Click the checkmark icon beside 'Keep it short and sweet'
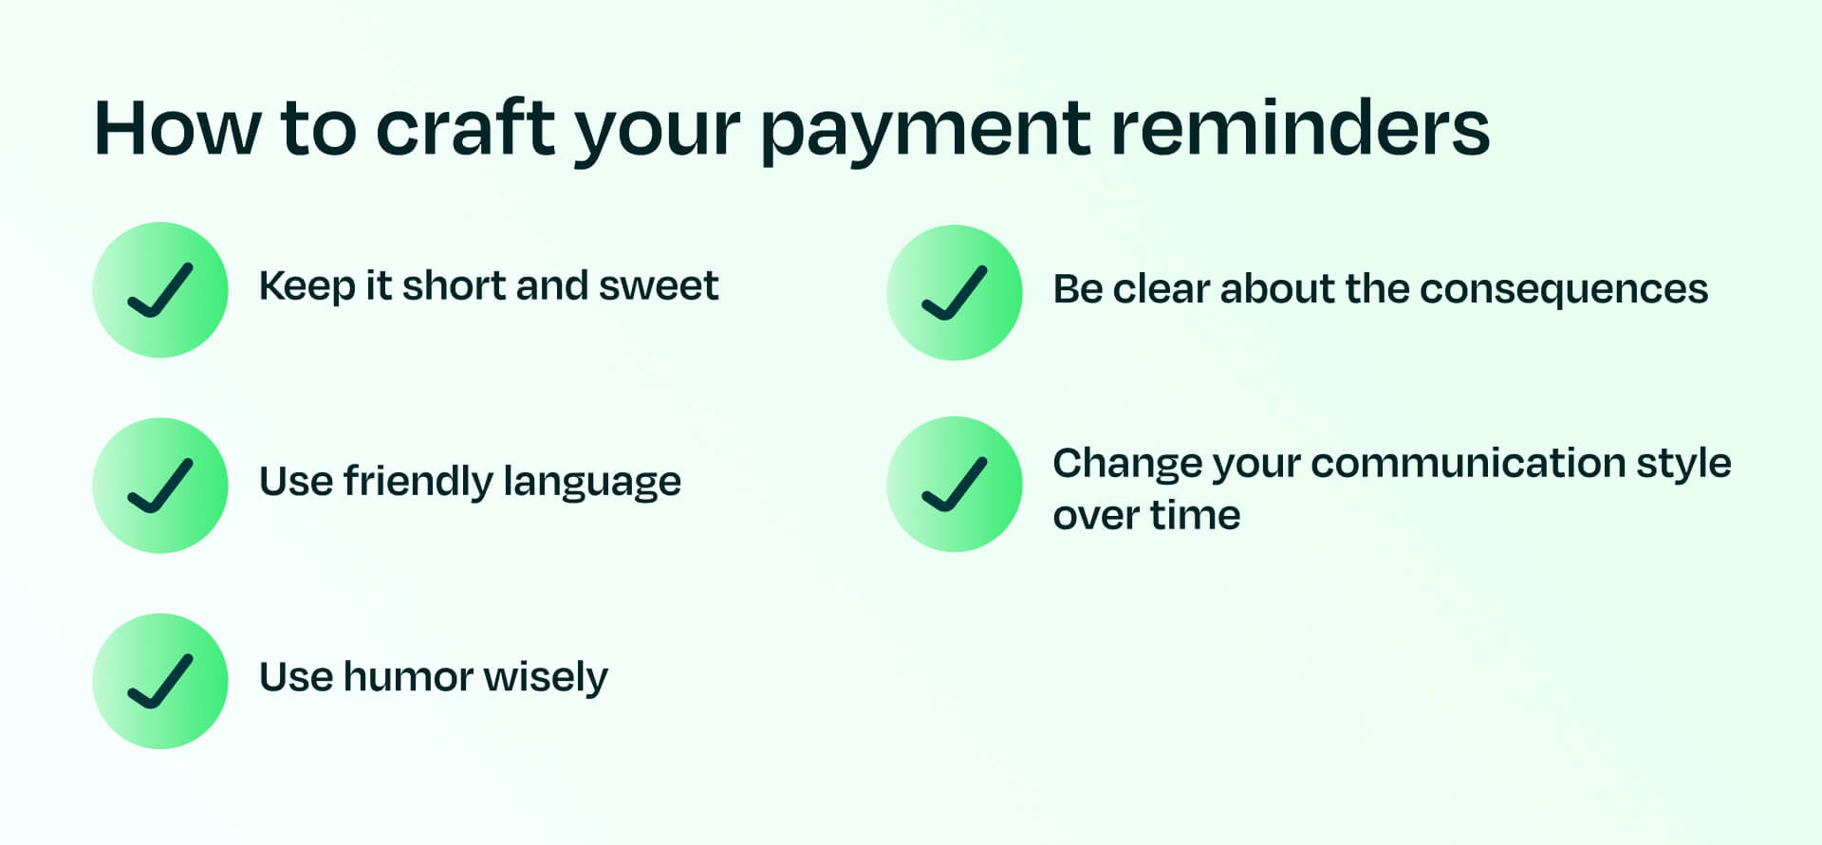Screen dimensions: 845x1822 [160, 290]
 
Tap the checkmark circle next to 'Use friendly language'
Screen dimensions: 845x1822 [160, 486]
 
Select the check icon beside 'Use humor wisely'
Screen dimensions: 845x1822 [160, 681]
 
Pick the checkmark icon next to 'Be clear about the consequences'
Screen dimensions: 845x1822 [955, 292]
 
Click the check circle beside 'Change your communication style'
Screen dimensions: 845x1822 [955, 485]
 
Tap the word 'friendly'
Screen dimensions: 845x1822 [418, 482]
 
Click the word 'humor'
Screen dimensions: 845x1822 [408, 677]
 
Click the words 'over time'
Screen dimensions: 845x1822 [1146, 516]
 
